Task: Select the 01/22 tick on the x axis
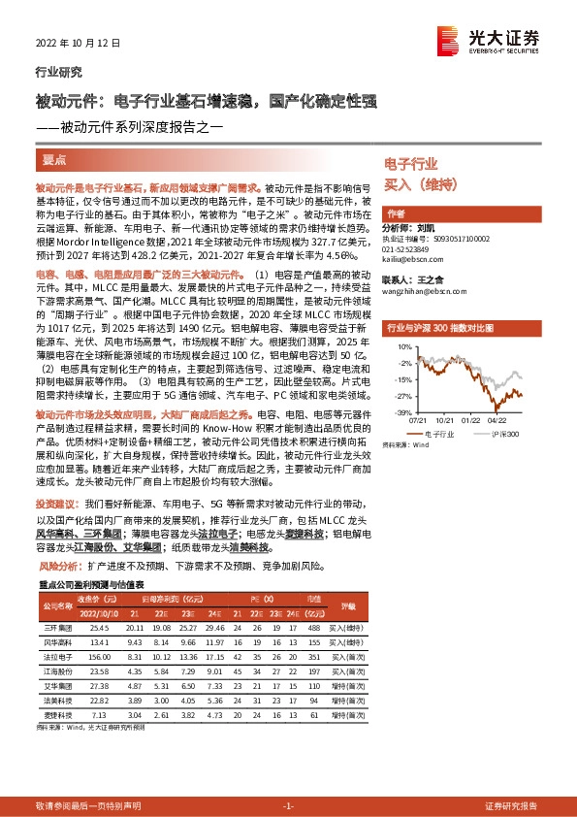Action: pos(469,419)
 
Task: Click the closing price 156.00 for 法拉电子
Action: pos(98,656)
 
